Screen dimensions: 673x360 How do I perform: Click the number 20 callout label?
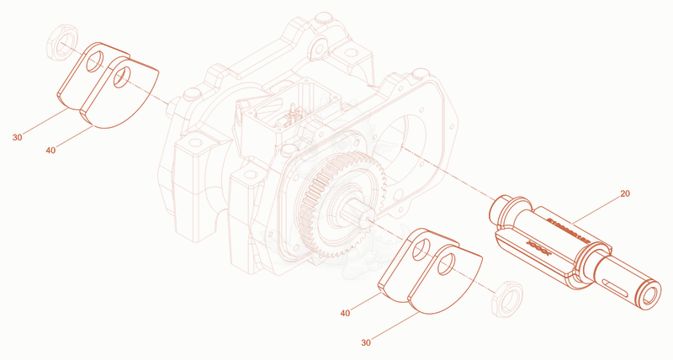tap(625, 193)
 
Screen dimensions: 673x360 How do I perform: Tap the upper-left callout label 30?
tap(17, 138)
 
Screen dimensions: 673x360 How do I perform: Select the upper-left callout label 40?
tap(50, 151)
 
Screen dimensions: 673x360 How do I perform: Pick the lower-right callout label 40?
tap(345, 313)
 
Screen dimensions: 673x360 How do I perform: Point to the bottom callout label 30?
tap(366, 342)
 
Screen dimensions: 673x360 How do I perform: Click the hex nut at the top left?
tap(62, 43)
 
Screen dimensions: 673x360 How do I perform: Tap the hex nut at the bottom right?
tap(507, 299)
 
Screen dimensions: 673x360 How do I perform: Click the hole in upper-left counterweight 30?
tap(95, 61)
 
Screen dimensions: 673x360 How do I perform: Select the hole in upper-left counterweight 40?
tap(122, 77)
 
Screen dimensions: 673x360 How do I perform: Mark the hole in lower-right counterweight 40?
tap(421, 250)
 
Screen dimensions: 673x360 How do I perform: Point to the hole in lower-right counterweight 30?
tap(447, 264)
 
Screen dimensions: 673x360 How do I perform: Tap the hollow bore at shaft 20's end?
tap(650, 294)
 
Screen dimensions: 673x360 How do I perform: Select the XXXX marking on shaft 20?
tap(538, 248)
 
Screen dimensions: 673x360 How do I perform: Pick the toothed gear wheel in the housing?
tap(342, 205)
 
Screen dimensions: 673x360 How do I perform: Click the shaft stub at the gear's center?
tap(355, 210)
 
